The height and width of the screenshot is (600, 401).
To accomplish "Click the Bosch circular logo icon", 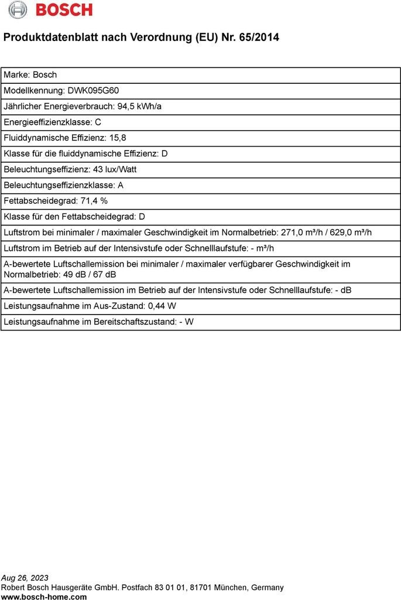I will pyautogui.click(x=18, y=9).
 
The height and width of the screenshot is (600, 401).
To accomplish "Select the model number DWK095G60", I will pyautogui.click(x=93, y=91).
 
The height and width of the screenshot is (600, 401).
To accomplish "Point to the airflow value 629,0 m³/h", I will pyautogui.click(x=351, y=233).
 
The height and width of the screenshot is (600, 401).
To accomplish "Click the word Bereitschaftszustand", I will pyautogui.click(x=133, y=322).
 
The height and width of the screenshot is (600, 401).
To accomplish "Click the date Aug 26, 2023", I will pyautogui.click(x=25, y=578).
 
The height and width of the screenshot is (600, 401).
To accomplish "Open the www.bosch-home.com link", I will pyautogui.click(x=44, y=596).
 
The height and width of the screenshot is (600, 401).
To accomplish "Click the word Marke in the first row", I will pyautogui.click(x=15, y=75).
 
